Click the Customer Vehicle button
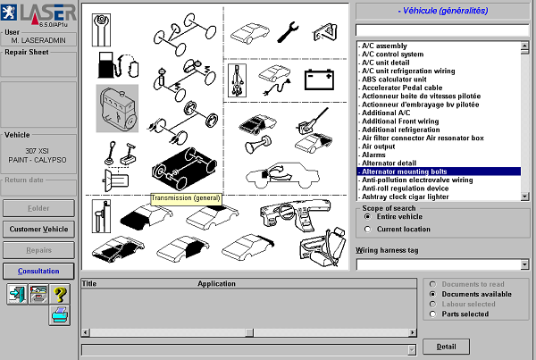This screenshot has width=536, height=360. tap(38, 229)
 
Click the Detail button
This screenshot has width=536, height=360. tap(446, 347)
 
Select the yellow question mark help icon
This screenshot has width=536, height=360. tap(60, 294)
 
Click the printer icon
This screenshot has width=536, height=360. tap(60, 315)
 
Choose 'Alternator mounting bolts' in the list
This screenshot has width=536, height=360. tap(405, 172)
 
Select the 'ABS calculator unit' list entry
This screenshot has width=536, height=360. tap(394, 80)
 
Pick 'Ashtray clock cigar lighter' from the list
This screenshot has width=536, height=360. tap(405, 197)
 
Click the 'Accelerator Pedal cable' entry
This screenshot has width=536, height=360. tap(402, 88)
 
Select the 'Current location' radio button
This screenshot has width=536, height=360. tap(367, 229)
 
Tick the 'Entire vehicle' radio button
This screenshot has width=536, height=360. tap(367, 217)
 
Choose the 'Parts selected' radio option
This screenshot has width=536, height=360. tap(432, 314)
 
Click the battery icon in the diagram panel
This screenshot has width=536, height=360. tap(319, 80)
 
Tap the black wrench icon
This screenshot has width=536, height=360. tap(288, 32)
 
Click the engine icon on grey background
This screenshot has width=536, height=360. tap(117, 108)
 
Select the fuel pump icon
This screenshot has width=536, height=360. tap(118, 64)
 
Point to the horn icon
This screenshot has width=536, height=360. tap(258, 144)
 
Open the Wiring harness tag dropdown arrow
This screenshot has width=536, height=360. tap(524, 264)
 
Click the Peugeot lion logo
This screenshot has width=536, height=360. tap(9, 12)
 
